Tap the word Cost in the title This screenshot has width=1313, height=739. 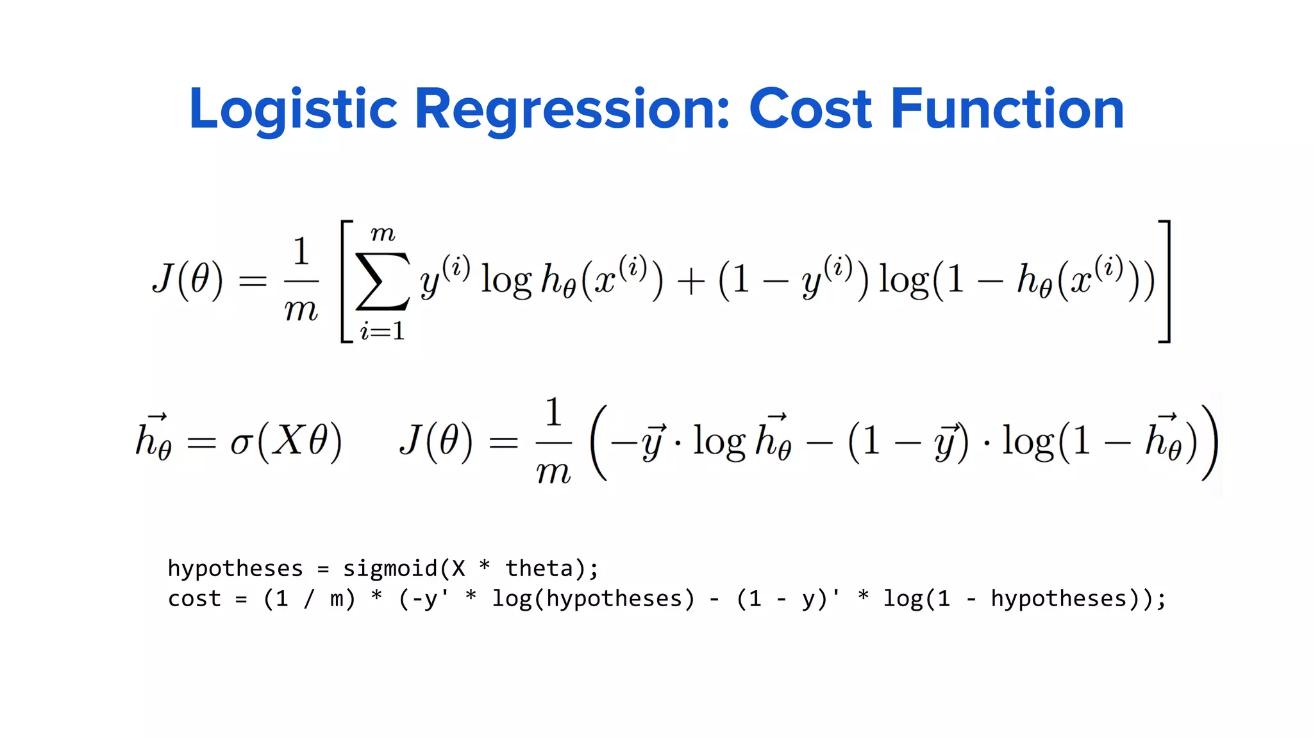pyautogui.click(x=810, y=109)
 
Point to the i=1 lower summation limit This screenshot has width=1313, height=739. pyautogui.click(x=382, y=331)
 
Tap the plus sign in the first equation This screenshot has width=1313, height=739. pyautogui.click(x=690, y=282)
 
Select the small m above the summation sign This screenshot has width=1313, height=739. pyautogui.click(x=383, y=234)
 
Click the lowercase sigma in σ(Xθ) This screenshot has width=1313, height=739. pyautogui.click(x=242, y=443)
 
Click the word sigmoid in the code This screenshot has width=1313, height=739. pyautogui.click(x=390, y=568)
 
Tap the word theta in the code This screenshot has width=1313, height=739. pyautogui.click(x=539, y=568)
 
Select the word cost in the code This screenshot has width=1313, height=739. pyautogui.click(x=194, y=599)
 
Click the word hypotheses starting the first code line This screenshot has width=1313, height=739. pyautogui.click(x=235, y=569)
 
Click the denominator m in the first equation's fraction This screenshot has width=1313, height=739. pyautogui.click(x=301, y=310)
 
